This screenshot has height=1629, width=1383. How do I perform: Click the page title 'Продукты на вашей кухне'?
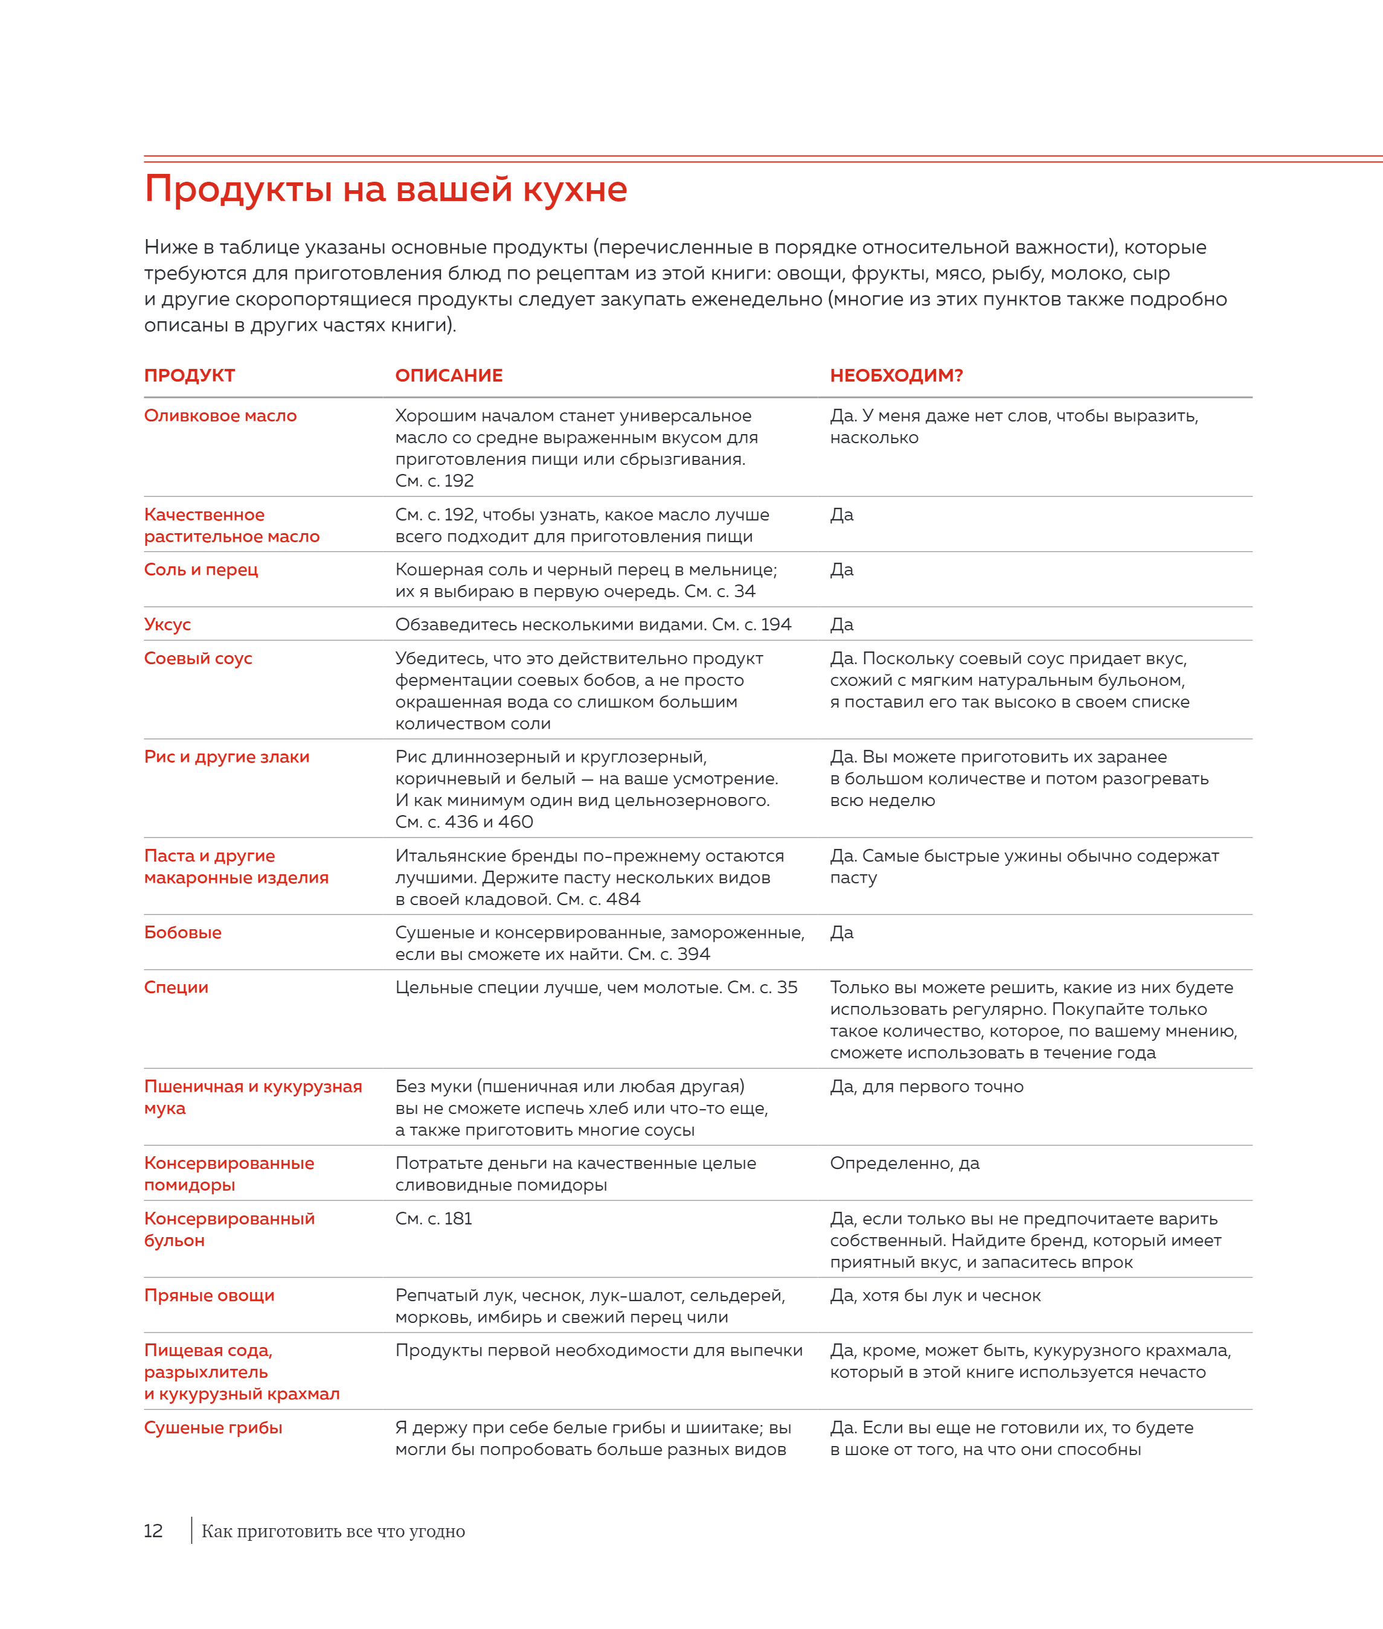coord(386,190)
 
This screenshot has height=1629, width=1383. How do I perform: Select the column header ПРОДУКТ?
coord(189,376)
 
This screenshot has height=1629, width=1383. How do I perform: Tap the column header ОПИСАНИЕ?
coord(449,376)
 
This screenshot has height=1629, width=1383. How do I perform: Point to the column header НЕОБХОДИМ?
coord(896,376)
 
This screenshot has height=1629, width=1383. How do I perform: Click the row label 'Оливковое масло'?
coord(220,415)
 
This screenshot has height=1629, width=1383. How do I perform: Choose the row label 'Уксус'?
coord(167,625)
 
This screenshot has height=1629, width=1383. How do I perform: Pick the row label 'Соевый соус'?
coord(197,659)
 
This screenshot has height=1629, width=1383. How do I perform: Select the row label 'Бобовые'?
coord(182,932)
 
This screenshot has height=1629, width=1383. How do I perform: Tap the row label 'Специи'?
coord(176,987)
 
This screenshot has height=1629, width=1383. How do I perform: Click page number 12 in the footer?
coord(153,1531)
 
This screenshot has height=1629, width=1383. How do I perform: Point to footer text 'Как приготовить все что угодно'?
coord(333,1531)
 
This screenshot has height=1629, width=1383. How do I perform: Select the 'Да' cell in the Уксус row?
coord(841,625)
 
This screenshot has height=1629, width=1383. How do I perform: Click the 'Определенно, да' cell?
coord(904,1163)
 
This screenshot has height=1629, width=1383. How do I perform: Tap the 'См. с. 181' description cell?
coord(434,1218)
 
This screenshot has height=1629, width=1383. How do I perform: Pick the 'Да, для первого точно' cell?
coord(926,1087)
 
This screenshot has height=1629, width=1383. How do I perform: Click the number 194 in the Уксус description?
coord(775,625)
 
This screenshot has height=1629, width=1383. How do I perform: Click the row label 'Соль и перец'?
coord(201,570)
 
